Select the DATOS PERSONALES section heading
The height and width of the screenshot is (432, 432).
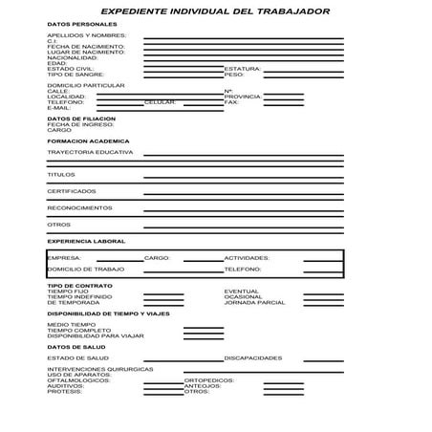pyautogui.click(x=82, y=24)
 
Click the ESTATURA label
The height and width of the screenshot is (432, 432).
pyautogui.click(x=242, y=69)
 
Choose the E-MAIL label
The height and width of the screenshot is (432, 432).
pyautogui.click(x=59, y=107)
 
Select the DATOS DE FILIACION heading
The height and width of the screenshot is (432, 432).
pyautogui.click(x=81, y=118)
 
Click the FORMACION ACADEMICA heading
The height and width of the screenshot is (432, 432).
pyautogui.click(x=87, y=140)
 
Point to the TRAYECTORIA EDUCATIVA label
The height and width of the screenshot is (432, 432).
pyautogui.click(x=90, y=152)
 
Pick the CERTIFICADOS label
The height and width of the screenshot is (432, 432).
pyautogui.click(x=72, y=191)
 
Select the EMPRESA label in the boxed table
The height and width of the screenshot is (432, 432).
pyautogui.click(x=64, y=258)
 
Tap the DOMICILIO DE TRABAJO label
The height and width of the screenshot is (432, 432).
pyautogui.click(x=86, y=270)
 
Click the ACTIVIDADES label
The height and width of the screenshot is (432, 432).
pyautogui.click(x=247, y=258)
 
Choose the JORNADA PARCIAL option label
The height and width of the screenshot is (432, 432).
pyautogui.click(x=254, y=302)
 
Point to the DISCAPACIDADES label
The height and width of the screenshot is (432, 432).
pyautogui.click(x=253, y=357)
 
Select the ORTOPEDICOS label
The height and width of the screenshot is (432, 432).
pyautogui.click(x=208, y=379)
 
